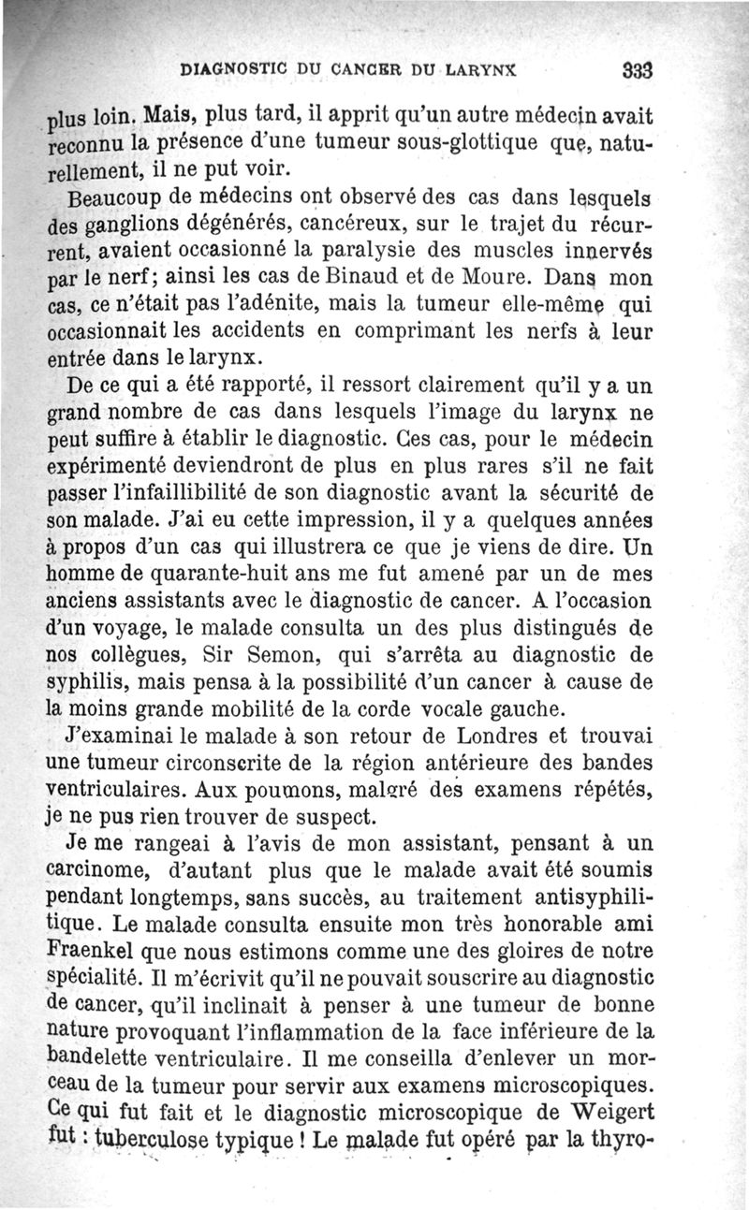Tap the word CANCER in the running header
tap(345, 68)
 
